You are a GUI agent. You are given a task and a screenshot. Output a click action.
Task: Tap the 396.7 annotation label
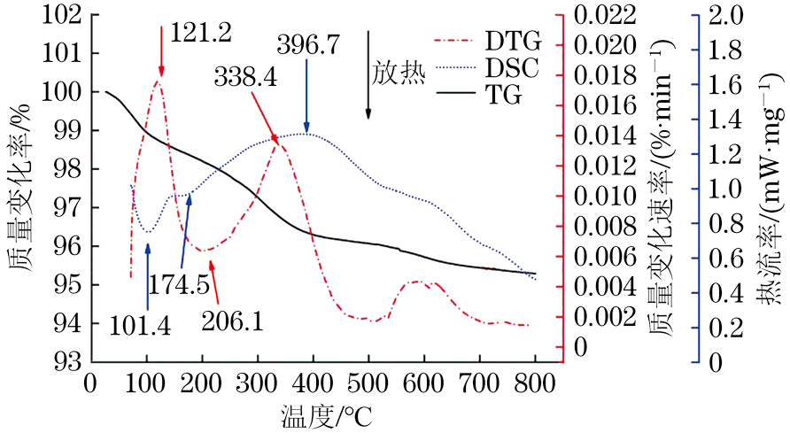[x=307, y=44]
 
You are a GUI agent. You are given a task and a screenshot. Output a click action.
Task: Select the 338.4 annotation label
[x=244, y=77]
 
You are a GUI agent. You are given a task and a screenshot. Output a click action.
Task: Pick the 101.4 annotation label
[x=142, y=325]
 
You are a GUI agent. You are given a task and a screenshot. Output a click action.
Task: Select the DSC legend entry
[x=514, y=67]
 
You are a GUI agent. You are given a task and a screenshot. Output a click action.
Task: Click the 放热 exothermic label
[x=399, y=73]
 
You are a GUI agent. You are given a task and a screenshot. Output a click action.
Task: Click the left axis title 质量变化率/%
[x=19, y=190]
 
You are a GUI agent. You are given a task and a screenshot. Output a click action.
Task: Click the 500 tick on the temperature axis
[x=368, y=382]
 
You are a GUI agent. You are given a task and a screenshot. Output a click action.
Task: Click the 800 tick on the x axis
[x=534, y=382]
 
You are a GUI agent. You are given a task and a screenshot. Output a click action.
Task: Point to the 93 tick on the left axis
[x=71, y=361]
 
